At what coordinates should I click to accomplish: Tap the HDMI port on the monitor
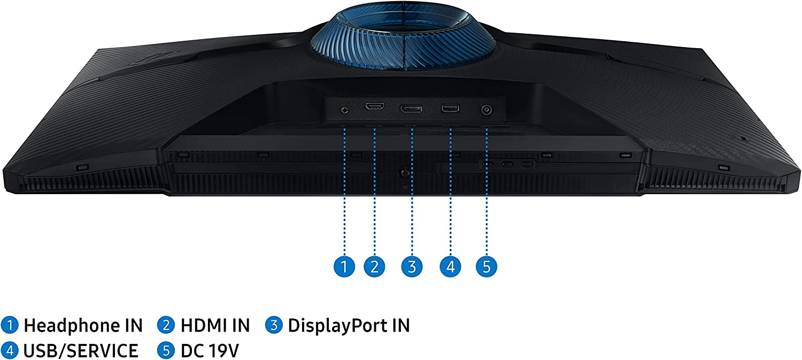click(x=374, y=107)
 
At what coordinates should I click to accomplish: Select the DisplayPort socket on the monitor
click(x=411, y=109)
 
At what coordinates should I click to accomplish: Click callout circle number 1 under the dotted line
click(x=344, y=266)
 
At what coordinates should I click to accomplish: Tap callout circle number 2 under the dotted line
click(x=374, y=266)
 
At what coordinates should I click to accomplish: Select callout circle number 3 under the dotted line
click(x=411, y=266)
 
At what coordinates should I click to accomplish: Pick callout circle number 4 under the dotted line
click(x=450, y=266)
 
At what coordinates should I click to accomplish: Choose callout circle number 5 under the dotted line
click(x=487, y=266)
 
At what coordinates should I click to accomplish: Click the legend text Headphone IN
click(x=83, y=325)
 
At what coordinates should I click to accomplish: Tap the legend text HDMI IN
click(x=215, y=325)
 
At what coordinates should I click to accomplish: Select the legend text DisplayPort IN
click(x=349, y=325)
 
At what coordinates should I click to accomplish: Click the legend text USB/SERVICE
click(x=81, y=351)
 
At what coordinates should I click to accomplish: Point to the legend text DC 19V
click(x=210, y=351)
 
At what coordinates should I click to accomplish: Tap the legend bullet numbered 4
click(x=10, y=351)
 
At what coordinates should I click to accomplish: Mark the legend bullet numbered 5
click(x=166, y=351)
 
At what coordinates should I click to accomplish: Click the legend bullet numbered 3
click(x=274, y=325)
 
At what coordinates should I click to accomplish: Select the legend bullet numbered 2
click(x=166, y=325)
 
